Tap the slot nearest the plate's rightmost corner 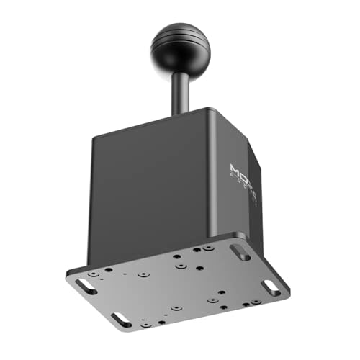click(271, 289)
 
